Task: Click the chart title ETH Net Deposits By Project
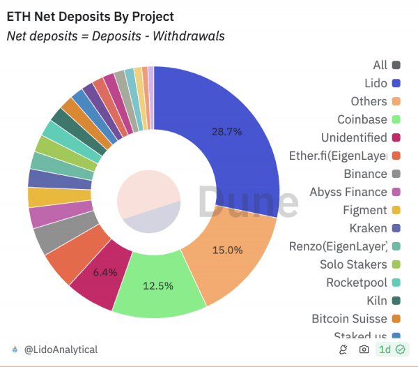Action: pos(91,16)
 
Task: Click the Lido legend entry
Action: pos(376,83)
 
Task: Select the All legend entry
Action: pos(380,65)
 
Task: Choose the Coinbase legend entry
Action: pos(362,119)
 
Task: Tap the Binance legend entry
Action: pos(365,174)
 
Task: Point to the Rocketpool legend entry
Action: pos(356,283)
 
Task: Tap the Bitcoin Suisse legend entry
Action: pos(349,319)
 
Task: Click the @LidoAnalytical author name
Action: pos(61,350)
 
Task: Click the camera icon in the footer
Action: pos(364,350)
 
